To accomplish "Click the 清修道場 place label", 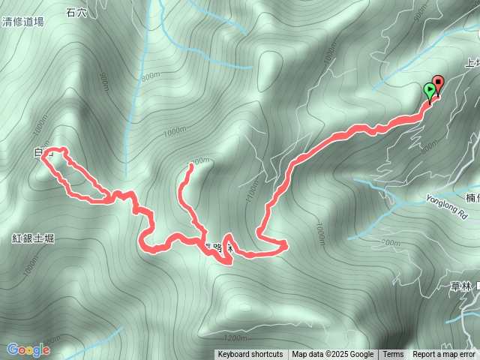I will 22,22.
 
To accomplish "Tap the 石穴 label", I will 76,12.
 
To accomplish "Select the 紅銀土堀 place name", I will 33,238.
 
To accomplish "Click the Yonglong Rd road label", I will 445,205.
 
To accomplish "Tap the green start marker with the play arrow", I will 429,91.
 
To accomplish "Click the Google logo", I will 28,349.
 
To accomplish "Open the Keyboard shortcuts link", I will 250,355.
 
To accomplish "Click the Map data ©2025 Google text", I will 332,355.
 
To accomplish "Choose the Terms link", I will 393,355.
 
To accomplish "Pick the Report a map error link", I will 444,355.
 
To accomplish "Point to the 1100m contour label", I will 251,196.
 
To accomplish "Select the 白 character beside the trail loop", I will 38,153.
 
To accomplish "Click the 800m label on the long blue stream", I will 150,76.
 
